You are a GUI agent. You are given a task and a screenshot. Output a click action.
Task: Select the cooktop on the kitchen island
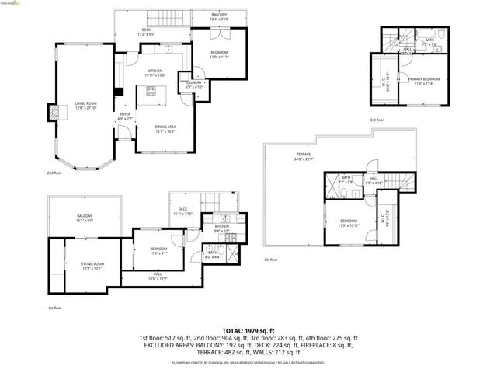(x=151, y=92)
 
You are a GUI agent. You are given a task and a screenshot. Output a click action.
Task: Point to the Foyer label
(x=124, y=117)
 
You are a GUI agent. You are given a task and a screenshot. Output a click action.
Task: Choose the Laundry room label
(x=193, y=84)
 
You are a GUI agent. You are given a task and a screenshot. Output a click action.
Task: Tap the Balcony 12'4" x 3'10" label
(x=221, y=17)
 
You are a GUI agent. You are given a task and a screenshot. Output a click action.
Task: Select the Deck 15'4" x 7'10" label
(x=183, y=211)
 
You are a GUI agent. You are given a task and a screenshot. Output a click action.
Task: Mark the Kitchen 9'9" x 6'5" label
(x=221, y=229)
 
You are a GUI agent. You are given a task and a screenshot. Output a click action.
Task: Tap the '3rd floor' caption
(x=377, y=120)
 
